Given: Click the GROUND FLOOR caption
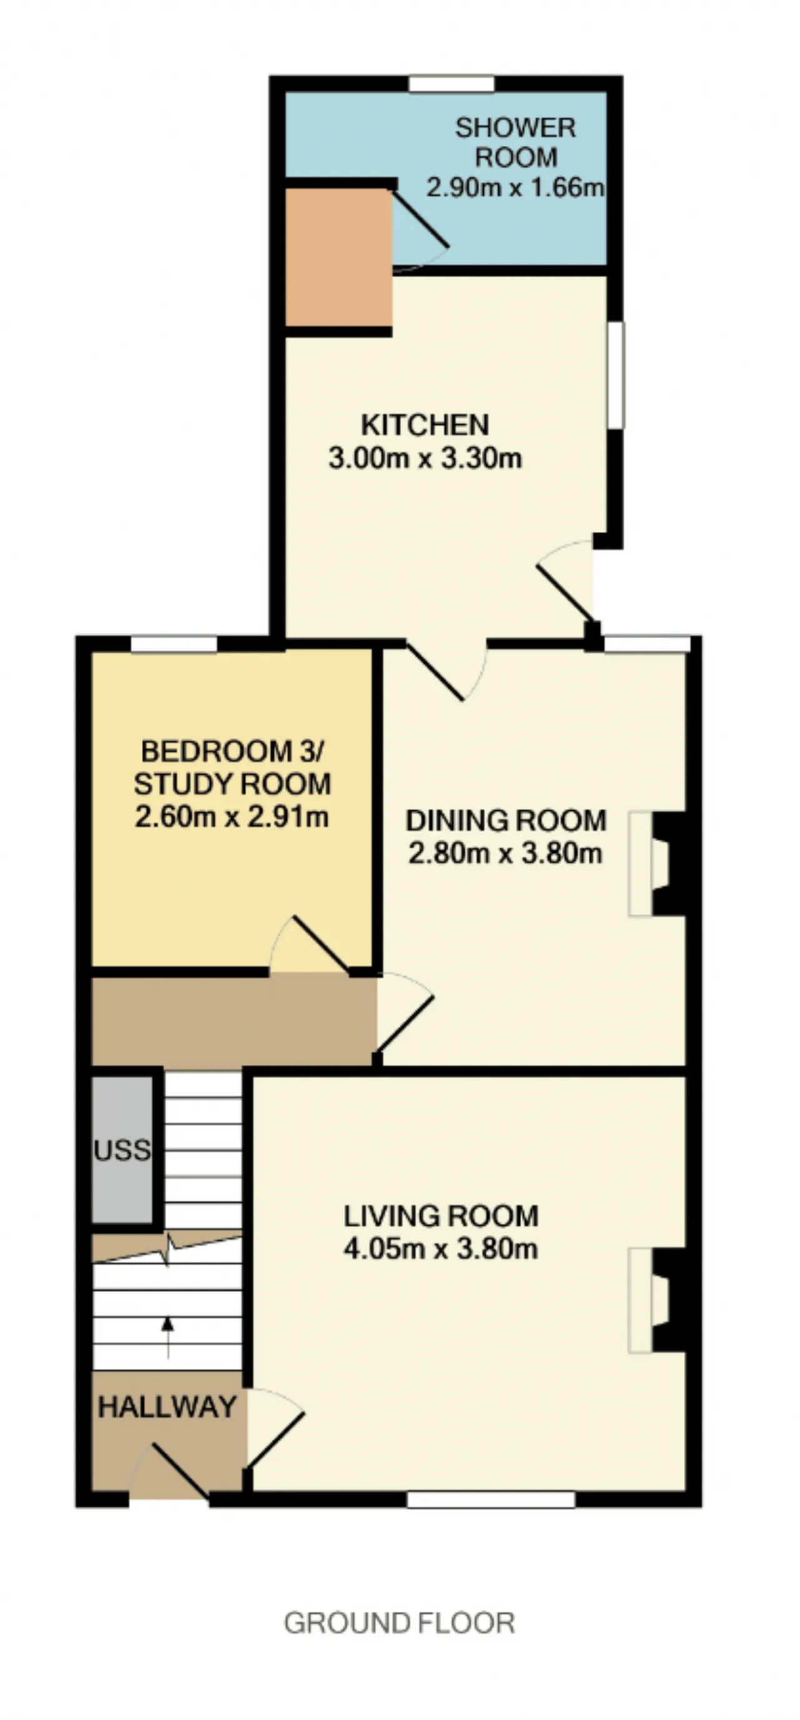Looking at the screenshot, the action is click(399, 1622).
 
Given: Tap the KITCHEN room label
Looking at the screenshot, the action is click(425, 425).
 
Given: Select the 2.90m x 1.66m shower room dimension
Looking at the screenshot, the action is click(515, 187).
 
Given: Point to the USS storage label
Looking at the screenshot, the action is click(122, 1150).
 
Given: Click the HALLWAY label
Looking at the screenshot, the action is click(167, 1407).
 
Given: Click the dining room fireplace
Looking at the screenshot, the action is click(657, 863).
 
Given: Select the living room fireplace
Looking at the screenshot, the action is click(657, 1300).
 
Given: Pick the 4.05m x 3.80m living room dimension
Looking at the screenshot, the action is click(441, 1248).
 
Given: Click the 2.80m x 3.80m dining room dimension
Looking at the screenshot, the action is click(505, 853).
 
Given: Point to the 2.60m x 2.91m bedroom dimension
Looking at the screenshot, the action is click(231, 816).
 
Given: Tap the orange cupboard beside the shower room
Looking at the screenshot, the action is click(338, 258).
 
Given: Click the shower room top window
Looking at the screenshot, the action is click(452, 84).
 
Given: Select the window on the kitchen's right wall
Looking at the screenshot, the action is click(616, 375).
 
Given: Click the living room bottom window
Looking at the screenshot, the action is click(491, 1500).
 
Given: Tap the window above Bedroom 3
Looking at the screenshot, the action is click(174, 644).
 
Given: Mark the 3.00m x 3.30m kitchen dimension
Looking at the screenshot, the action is click(425, 458).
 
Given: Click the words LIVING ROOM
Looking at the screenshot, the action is click(441, 1216).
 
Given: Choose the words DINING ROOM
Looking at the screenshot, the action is click(506, 821).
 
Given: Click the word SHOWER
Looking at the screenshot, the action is click(515, 128).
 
